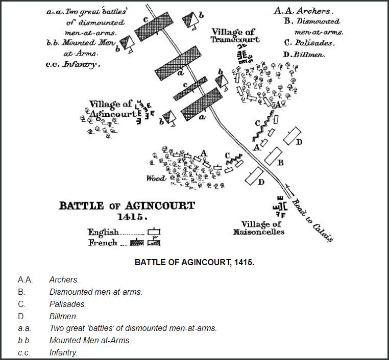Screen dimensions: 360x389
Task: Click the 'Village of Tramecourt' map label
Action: click(235, 36)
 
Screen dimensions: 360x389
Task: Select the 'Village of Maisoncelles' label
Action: click(262, 228)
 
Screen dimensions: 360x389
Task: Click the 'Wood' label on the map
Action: click(156, 178)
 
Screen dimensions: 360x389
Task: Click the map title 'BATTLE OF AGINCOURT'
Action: click(127, 206)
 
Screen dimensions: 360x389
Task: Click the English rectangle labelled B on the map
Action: click(273, 155)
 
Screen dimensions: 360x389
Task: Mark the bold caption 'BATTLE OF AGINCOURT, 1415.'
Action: click(194, 264)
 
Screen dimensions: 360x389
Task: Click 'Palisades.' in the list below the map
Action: click(67, 304)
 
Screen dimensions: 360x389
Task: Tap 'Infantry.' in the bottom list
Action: click(63, 352)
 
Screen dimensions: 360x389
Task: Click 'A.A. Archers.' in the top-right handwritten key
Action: click(302, 10)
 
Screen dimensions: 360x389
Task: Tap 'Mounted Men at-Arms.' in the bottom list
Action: click(90, 340)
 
